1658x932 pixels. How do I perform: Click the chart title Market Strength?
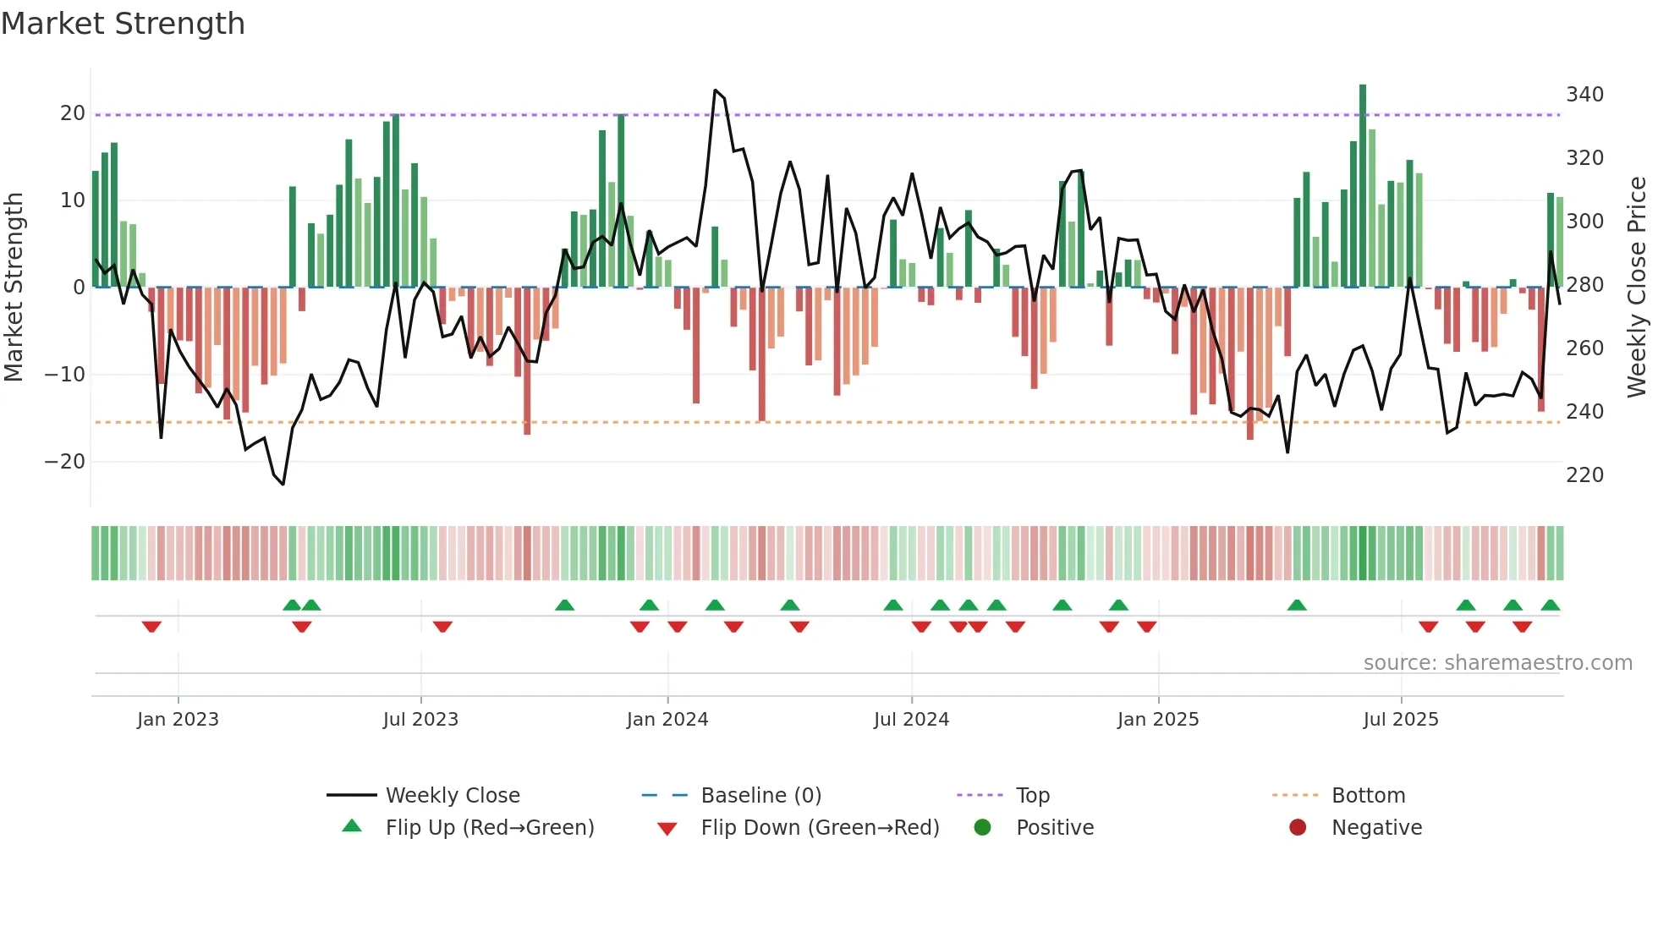123,24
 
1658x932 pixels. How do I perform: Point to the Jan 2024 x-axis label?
667,720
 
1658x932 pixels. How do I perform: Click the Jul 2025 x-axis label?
1400,720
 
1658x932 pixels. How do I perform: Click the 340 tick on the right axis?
1584,94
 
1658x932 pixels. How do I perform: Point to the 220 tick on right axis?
1584,475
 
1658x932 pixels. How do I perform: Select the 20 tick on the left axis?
73,113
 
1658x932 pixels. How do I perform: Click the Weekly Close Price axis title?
1637,288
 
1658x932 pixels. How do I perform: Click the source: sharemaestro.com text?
1497,663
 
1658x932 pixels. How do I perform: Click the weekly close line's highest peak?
715,90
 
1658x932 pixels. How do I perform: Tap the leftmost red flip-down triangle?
151,627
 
